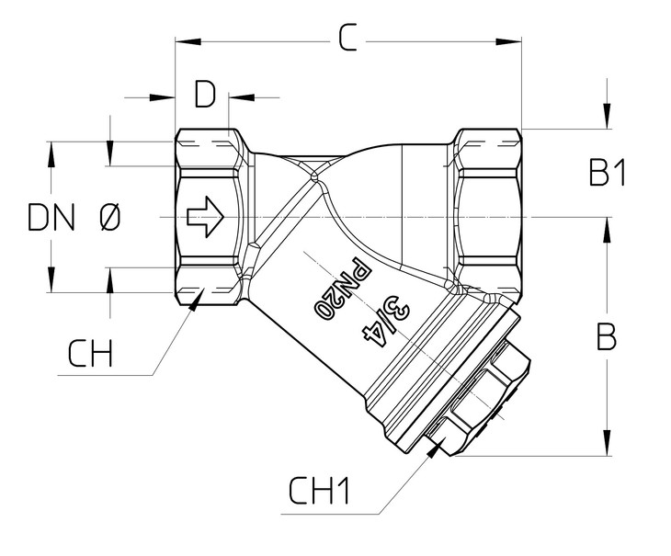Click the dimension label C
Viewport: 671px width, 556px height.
tap(347, 39)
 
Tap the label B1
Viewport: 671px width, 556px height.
tap(607, 173)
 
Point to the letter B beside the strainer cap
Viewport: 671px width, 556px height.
tap(606, 337)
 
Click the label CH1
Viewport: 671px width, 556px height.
tap(320, 492)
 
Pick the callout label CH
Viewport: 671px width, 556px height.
tap(90, 353)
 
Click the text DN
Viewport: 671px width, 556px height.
tap(51, 218)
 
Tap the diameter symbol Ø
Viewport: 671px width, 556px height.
tap(108, 218)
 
